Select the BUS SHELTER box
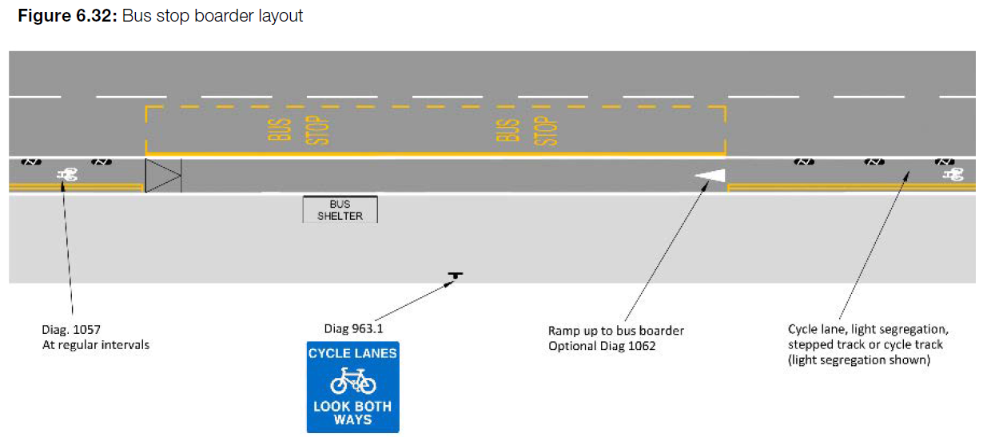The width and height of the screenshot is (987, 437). (x=340, y=209)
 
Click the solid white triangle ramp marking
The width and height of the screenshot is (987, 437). (x=710, y=176)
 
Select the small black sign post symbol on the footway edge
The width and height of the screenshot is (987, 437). (x=455, y=276)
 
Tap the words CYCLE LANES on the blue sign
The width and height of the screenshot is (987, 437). (x=352, y=353)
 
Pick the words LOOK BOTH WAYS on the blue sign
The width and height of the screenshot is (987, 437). (x=352, y=413)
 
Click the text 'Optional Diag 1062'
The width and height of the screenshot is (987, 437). (x=602, y=346)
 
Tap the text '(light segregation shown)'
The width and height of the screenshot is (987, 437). (x=859, y=360)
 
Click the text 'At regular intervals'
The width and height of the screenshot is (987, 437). (x=96, y=345)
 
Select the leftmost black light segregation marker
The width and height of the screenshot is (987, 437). (x=30, y=162)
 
